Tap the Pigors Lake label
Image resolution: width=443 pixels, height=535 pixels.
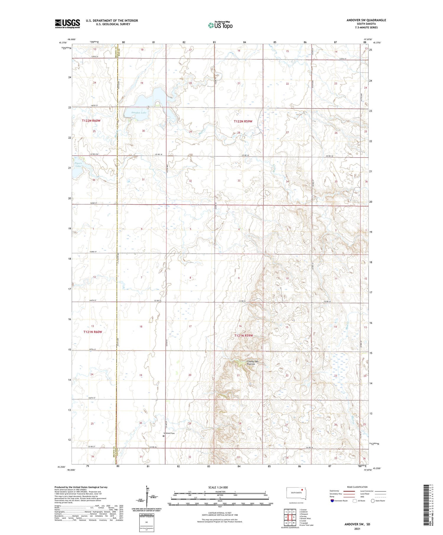78,164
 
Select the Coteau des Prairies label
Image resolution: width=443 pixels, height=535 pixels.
251,363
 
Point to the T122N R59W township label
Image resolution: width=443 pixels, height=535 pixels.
243,121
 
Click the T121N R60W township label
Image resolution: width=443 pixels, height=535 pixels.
92,332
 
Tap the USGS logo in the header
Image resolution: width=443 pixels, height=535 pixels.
67,24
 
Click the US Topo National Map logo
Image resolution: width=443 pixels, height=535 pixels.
220,25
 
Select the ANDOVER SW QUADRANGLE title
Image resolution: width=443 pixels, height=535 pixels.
366,20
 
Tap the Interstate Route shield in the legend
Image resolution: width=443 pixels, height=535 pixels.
332,500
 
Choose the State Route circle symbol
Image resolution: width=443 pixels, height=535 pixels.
373,500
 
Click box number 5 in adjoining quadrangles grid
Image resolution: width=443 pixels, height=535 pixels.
294,517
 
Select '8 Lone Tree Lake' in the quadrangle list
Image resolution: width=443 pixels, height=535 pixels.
306,525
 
